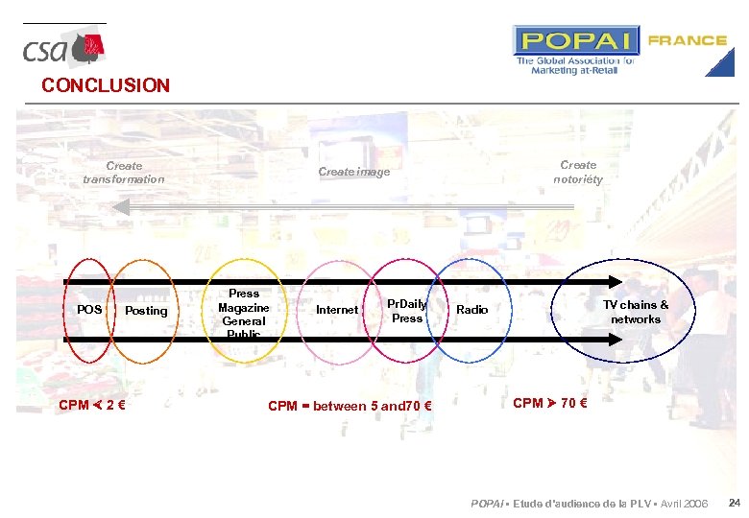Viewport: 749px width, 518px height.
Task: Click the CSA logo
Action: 63,49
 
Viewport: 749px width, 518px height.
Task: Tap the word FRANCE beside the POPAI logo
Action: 688,40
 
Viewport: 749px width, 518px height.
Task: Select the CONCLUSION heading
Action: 106,85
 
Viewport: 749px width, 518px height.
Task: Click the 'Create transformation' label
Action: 124,173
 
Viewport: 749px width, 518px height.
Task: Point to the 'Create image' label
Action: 353,172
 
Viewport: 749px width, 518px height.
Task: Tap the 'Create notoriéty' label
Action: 578,172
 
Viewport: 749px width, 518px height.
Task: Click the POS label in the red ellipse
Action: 89,310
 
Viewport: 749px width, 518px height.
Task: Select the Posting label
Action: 146,311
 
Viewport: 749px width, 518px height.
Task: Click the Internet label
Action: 337,310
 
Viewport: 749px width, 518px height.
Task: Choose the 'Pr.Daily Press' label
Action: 407,311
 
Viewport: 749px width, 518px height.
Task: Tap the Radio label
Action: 472,310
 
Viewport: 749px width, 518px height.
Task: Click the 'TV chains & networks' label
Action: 636,312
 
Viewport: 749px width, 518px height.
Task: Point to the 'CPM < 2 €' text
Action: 94,405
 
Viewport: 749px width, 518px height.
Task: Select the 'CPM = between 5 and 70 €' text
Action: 350,406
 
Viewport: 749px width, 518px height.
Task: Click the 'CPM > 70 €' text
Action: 550,403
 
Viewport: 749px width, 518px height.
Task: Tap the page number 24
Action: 734,504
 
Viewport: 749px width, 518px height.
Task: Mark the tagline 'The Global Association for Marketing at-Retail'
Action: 575,65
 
